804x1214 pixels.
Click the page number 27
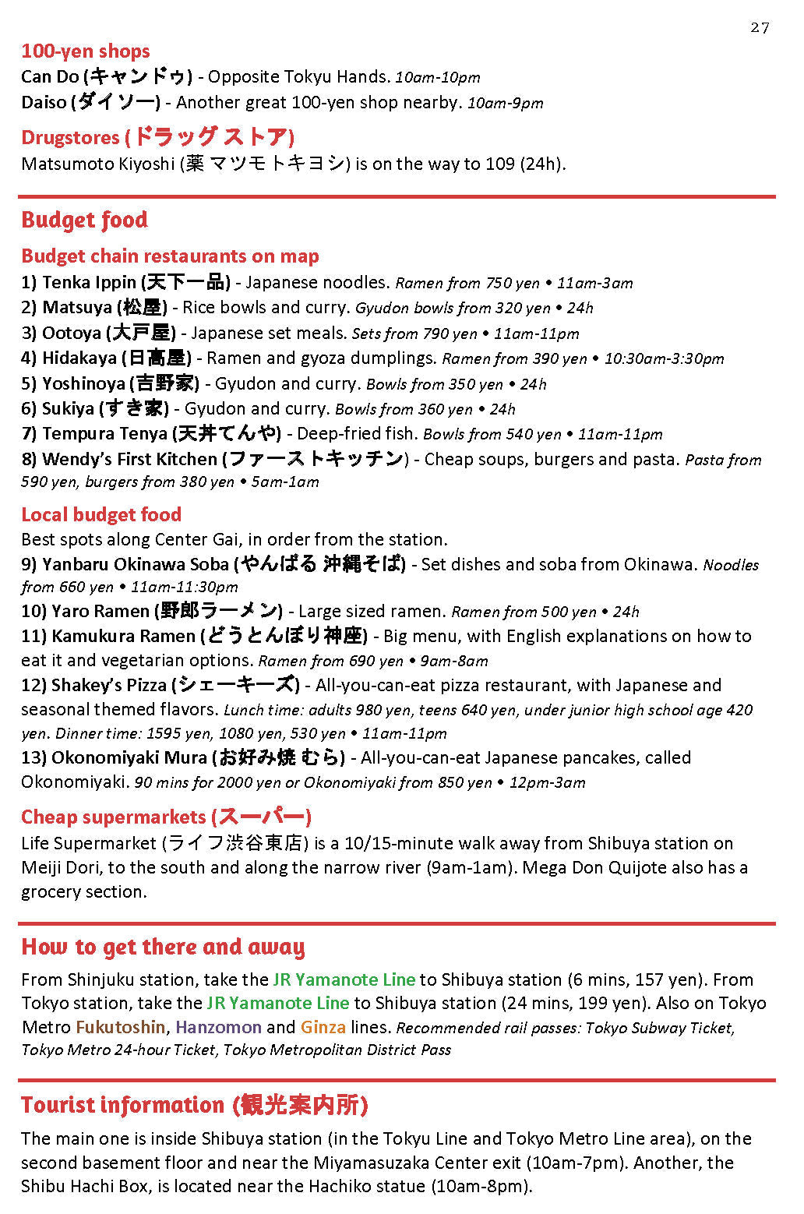(760, 28)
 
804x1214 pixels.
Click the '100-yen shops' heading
(86, 51)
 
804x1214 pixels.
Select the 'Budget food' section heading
(84, 220)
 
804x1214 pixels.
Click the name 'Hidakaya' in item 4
(79, 358)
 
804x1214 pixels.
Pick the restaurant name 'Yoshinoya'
(83, 383)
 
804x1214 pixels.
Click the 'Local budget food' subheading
(101, 514)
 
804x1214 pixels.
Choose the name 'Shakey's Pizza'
(108, 686)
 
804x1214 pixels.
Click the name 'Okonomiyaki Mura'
(129, 758)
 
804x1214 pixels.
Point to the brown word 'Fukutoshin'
(120, 1028)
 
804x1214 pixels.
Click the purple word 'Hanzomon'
(218, 1028)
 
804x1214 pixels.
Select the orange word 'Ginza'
(323, 1028)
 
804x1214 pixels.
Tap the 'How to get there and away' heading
(163, 947)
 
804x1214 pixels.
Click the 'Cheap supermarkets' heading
(114, 817)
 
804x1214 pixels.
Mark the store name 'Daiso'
(44, 103)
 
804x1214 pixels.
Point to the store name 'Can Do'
(49, 77)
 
